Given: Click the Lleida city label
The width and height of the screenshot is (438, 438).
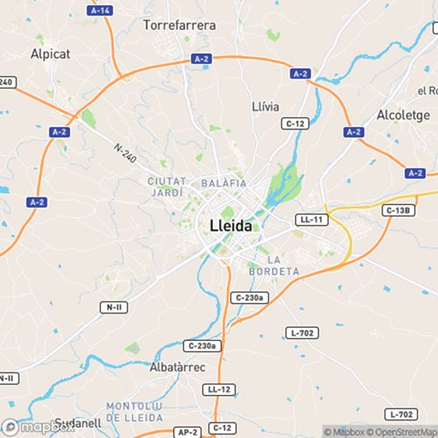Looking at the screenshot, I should tap(230, 225).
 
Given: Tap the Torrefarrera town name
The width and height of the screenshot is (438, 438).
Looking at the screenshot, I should tap(180, 25).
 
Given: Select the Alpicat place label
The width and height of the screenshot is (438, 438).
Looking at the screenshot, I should tap(51, 53).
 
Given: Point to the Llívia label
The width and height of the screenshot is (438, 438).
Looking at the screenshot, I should tap(265, 106).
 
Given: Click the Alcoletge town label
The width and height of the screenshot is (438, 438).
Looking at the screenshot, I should tap(402, 115).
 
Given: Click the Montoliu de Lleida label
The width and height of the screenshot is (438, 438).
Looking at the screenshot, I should tap(140, 412).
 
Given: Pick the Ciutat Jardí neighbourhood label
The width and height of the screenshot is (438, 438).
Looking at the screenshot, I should tap(165, 186).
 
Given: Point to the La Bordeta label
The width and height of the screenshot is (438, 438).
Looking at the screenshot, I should tap(283, 265).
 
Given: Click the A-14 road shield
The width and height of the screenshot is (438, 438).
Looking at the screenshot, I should tap(101, 10).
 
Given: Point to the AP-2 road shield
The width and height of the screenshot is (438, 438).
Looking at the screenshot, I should tap(187, 432).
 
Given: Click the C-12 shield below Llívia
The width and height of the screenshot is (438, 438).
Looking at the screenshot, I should tap(295, 124).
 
